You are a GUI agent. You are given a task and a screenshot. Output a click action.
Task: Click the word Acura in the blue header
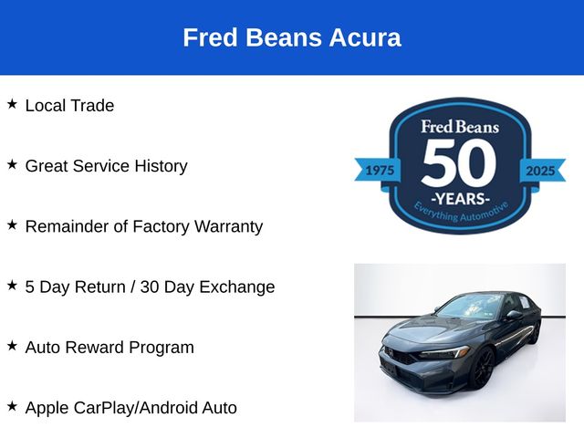(x=365, y=37)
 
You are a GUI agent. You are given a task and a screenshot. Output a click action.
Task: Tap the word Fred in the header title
(x=210, y=37)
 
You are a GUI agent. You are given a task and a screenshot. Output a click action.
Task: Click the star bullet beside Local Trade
(x=12, y=104)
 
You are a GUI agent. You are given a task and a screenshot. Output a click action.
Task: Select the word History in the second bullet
(x=161, y=166)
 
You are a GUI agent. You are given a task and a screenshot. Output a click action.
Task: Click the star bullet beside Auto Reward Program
(x=12, y=346)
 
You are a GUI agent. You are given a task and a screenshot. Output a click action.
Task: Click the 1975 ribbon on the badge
(x=378, y=171)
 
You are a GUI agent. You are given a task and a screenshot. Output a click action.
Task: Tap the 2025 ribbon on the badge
(x=542, y=171)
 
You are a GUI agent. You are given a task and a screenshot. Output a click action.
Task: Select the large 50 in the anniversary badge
(x=460, y=162)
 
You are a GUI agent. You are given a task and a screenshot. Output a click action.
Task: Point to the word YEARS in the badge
(x=460, y=199)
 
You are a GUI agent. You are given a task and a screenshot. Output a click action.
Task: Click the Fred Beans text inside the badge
(x=460, y=127)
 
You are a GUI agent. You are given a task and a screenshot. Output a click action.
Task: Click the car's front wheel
(x=483, y=368)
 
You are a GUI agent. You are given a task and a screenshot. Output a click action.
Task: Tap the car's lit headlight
(x=445, y=352)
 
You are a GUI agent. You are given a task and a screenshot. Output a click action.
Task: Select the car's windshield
(x=471, y=307)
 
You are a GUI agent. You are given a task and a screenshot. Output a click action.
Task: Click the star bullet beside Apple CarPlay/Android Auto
(x=12, y=406)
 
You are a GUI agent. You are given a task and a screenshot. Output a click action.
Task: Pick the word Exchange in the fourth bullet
(x=237, y=287)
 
